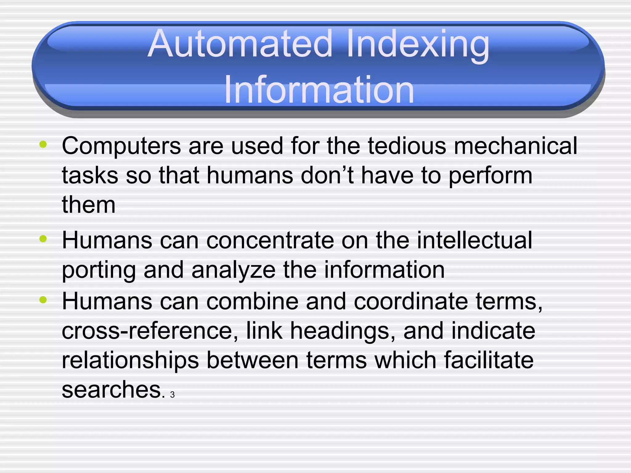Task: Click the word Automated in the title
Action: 240,44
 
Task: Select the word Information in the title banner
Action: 319,90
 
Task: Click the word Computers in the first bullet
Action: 121,146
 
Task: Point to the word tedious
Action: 407,145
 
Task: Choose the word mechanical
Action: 515,145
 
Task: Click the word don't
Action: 327,175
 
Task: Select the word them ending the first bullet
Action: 89,205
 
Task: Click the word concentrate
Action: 270,240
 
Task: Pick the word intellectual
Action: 474,240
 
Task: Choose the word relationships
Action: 130,361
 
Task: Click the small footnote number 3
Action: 172,395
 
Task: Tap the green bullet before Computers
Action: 43,144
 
